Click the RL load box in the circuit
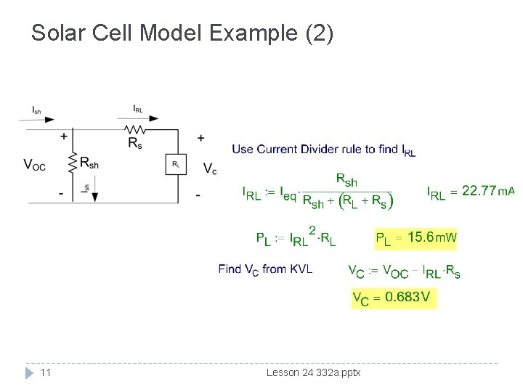coord(176,164)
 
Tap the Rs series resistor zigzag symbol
coord(134,130)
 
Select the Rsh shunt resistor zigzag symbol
coord(73,163)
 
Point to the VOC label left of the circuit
coord(34,165)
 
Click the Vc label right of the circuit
coord(209,169)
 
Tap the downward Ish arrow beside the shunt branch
coord(94,190)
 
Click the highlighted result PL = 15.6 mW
coord(416,237)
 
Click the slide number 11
coord(45,372)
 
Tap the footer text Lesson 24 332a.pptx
coord(313,372)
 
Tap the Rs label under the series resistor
coord(135,143)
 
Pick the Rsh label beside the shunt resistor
coord(89,163)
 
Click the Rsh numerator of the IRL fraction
coord(346,179)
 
